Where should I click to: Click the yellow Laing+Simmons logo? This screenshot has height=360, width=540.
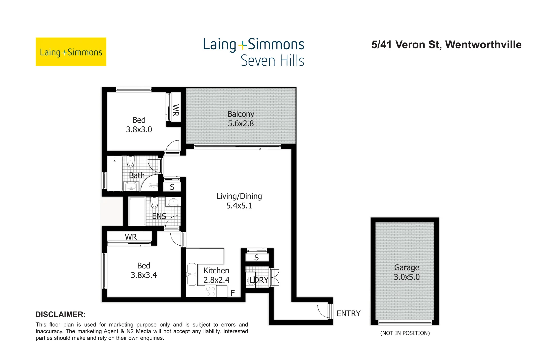[x=71, y=52]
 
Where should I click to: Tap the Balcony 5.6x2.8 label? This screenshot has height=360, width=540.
[x=241, y=119]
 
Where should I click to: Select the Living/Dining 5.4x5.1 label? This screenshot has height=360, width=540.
[x=239, y=201]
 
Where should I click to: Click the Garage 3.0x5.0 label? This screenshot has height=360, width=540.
[x=406, y=272]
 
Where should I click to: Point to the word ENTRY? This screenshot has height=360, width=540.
[x=348, y=314]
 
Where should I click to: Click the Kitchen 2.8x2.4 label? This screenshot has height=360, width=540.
[x=216, y=275]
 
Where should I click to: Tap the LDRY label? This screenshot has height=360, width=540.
[x=259, y=280]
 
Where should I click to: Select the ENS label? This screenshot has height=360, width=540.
[x=159, y=216]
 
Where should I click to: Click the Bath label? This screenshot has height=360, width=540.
[x=137, y=175]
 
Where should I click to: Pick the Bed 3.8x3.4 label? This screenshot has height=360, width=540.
[x=144, y=270]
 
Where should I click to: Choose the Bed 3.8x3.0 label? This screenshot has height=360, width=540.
[x=139, y=125]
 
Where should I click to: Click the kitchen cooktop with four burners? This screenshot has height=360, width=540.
[x=211, y=291]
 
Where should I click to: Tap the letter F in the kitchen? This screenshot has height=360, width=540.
[x=233, y=293]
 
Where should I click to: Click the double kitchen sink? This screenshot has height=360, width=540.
[x=192, y=274]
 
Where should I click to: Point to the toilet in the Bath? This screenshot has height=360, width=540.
[x=130, y=162]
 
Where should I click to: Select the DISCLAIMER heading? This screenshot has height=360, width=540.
[x=60, y=314]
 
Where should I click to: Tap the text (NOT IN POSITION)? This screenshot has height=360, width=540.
[x=405, y=333]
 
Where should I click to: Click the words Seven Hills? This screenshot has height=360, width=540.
[x=272, y=61]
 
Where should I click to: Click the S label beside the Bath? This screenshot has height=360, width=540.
[x=172, y=187]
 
